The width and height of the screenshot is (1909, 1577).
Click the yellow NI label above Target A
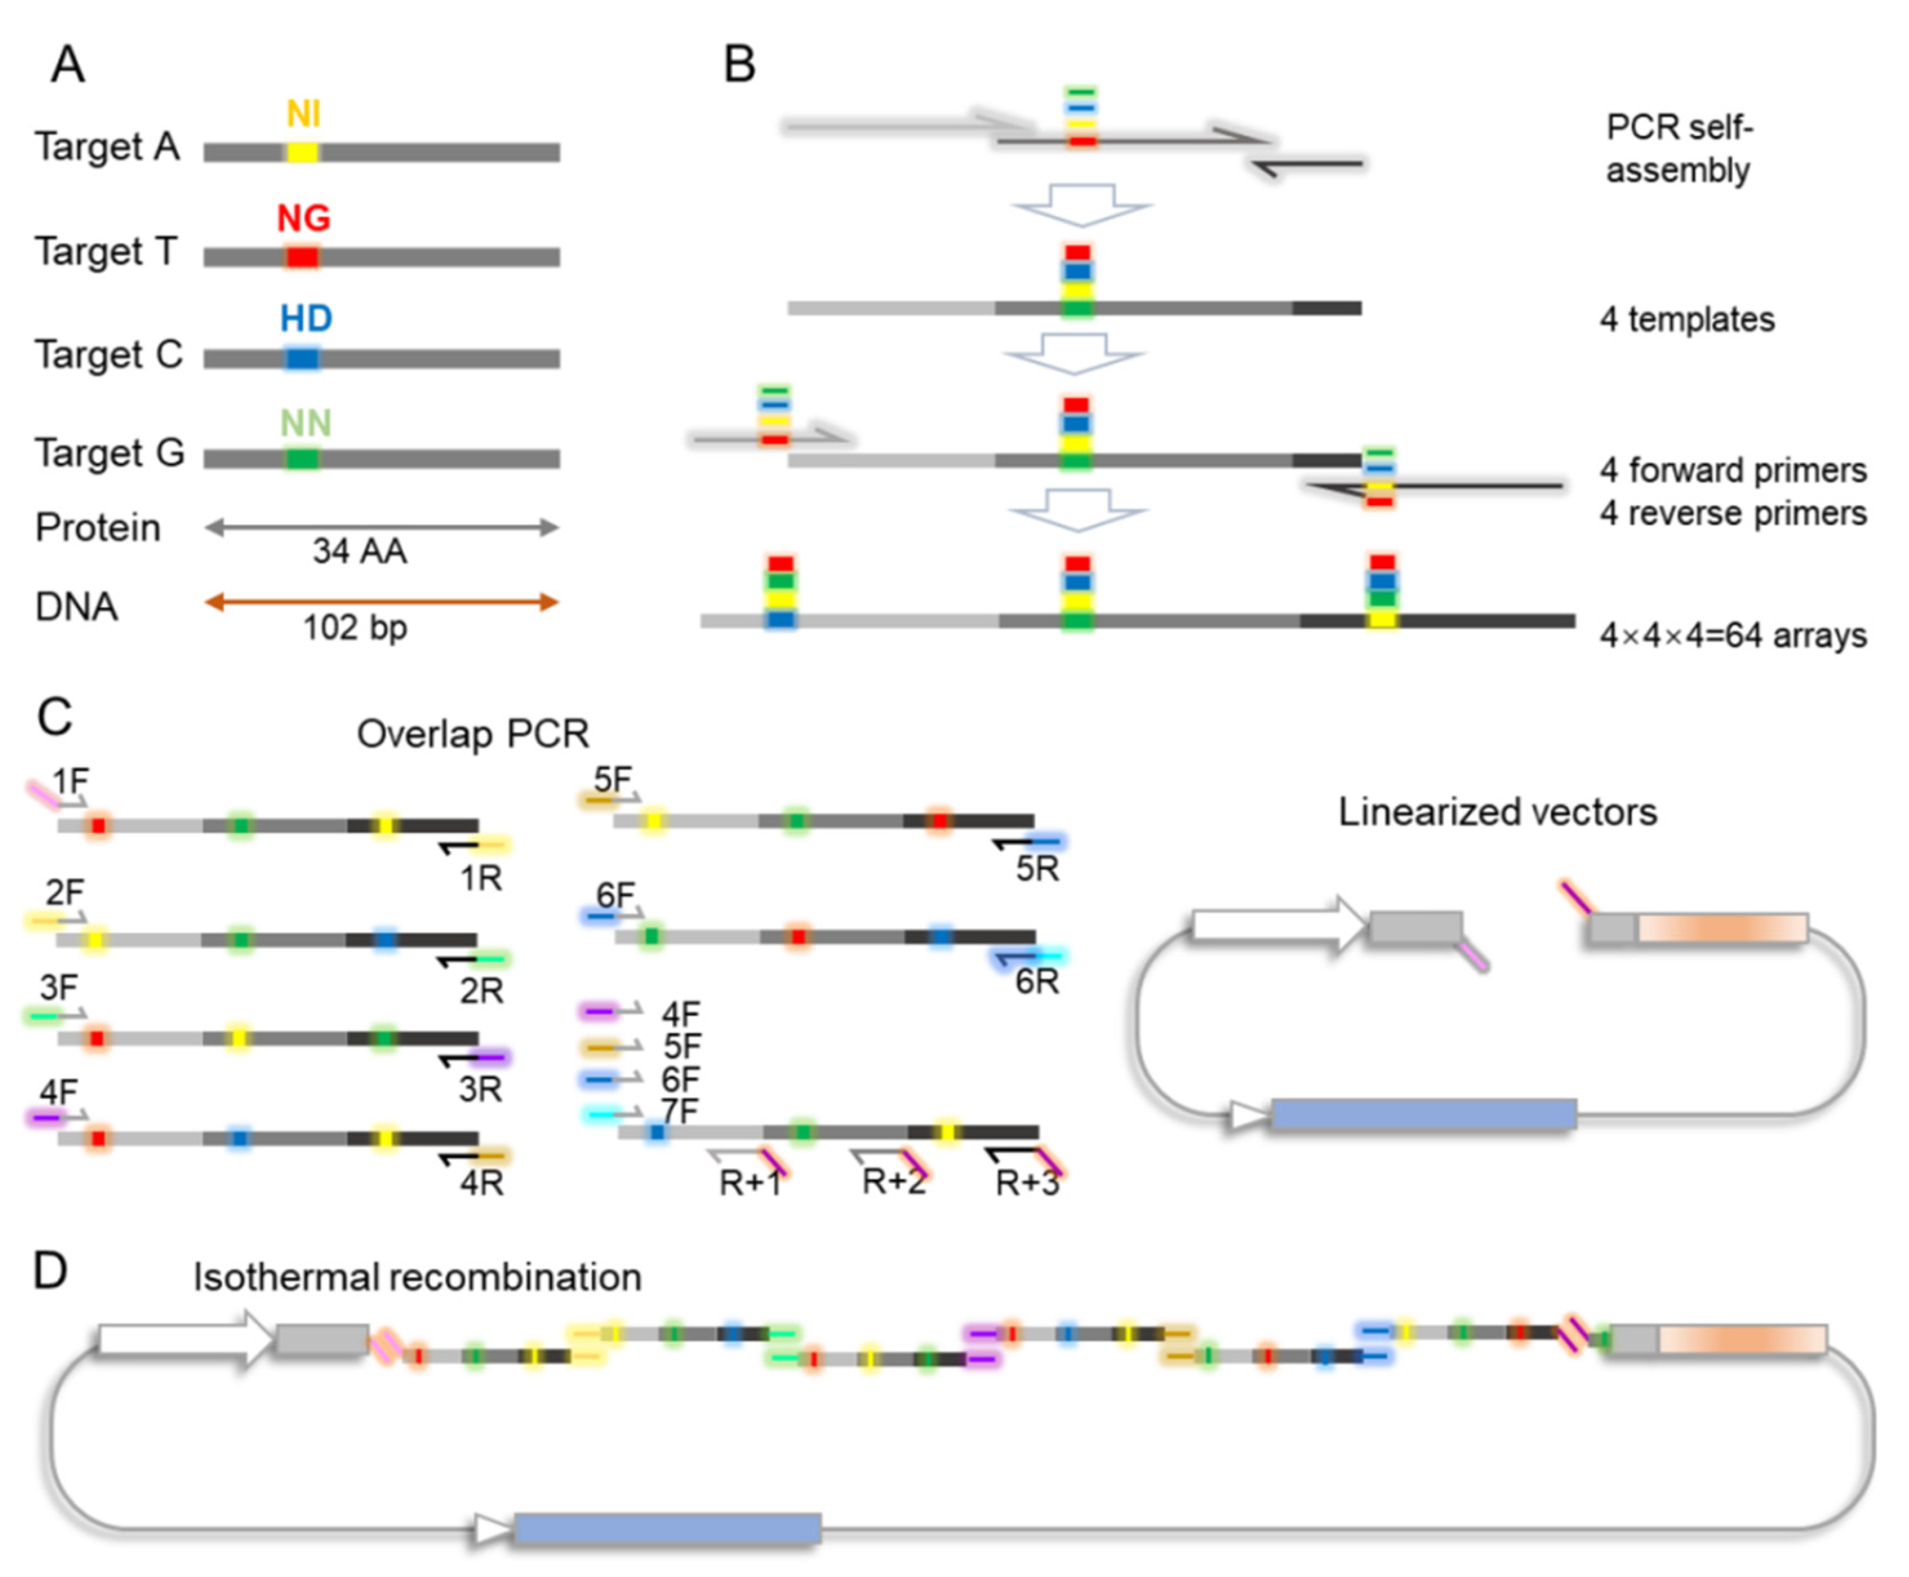click(x=303, y=114)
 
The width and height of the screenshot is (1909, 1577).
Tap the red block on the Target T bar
click(x=303, y=257)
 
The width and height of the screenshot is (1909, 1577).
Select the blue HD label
click(x=306, y=318)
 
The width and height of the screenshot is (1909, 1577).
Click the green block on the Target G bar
click(x=303, y=458)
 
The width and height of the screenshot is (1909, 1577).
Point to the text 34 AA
click(x=359, y=550)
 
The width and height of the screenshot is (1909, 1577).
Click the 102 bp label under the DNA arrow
click(x=355, y=627)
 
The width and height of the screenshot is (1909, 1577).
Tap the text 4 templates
click(x=1686, y=320)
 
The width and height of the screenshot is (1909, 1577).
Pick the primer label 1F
click(x=70, y=780)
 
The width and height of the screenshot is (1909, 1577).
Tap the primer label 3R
click(x=479, y=1089)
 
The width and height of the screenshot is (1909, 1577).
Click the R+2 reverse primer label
click(x=894, y=1182)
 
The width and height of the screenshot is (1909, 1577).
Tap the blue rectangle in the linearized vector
click(x=1422, y=1114)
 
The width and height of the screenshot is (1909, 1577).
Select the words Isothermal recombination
click(x=417, y=1277)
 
